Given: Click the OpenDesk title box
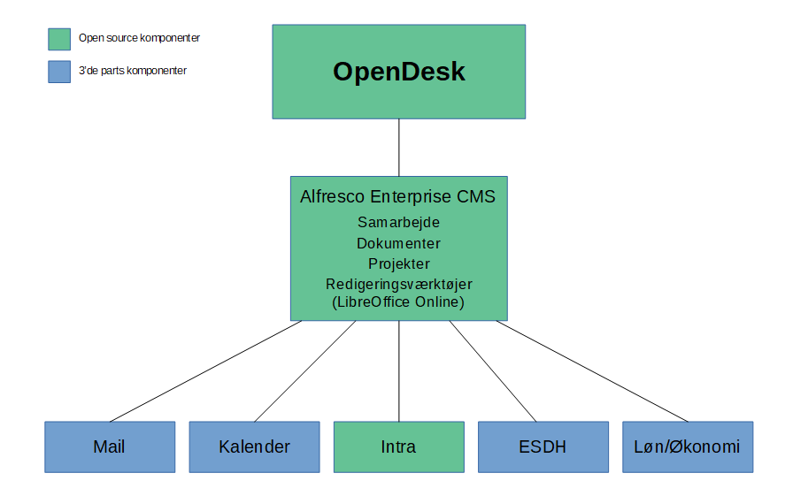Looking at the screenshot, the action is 399,72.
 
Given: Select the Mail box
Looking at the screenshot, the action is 110,447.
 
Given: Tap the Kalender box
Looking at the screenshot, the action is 254,447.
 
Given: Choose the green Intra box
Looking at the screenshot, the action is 399,447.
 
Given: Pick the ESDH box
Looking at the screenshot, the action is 543,447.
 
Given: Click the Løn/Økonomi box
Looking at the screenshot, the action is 688,447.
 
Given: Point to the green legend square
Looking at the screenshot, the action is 59,39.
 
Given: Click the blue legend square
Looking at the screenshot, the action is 59,72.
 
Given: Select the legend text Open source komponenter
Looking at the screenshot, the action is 139,38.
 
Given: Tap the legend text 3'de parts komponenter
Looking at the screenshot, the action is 133,71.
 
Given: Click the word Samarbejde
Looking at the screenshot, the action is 398,223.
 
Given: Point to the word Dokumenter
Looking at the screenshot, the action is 398,243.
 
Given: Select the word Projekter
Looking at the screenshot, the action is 399,264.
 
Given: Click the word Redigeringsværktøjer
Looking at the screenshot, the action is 399,285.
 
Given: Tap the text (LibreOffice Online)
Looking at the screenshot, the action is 398,302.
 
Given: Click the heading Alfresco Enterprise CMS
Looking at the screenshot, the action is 397,196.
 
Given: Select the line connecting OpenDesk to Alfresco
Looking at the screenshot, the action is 399,148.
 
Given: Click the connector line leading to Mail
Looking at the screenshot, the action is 205,371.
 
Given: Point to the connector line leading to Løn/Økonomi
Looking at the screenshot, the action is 592,371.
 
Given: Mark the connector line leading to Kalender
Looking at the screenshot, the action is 305,371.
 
